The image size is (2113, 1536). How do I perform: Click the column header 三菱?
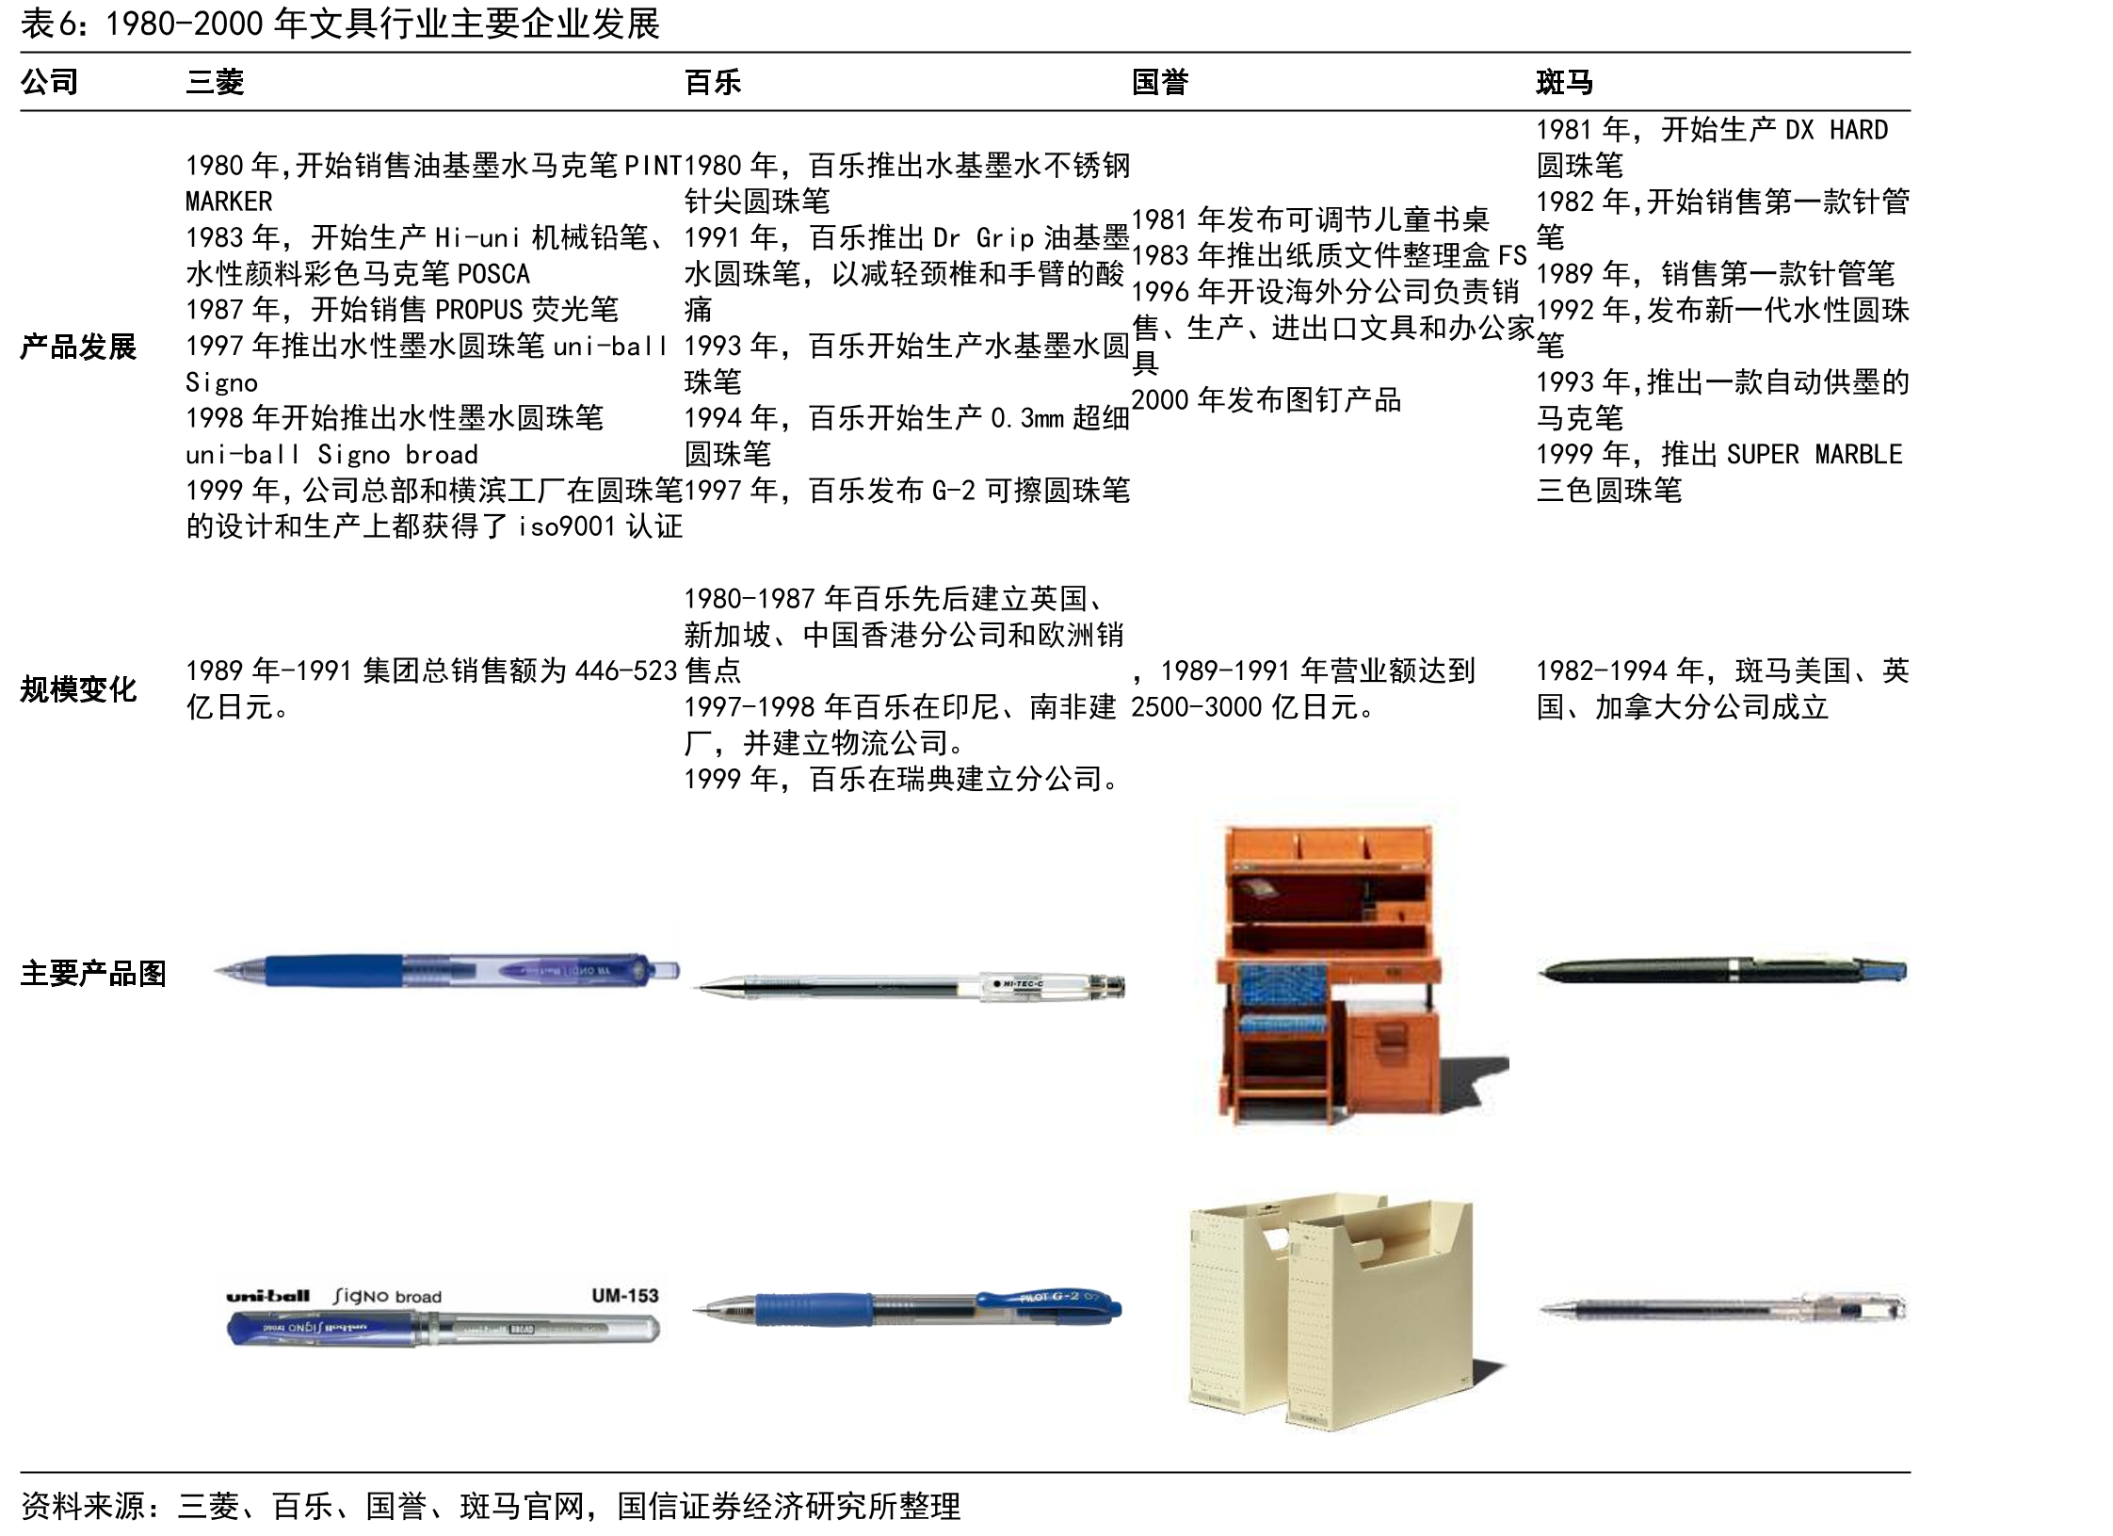point(215,82)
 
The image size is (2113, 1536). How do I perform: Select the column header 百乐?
point(713,82)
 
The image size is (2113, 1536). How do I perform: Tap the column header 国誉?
point(1160,82)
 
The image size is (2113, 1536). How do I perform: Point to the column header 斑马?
point(1565,82)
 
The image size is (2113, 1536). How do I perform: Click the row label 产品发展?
point(78,347)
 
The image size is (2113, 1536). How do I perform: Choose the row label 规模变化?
point(78,689)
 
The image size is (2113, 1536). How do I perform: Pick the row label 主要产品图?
point(93,973)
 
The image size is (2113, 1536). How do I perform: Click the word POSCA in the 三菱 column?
point(493,274)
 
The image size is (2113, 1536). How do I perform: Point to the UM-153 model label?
point(624,1296)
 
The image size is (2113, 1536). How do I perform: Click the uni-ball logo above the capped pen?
point(268,1296)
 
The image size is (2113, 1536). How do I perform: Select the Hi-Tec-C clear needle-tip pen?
point(909,986)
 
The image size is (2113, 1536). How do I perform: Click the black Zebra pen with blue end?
point(1722,971)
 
